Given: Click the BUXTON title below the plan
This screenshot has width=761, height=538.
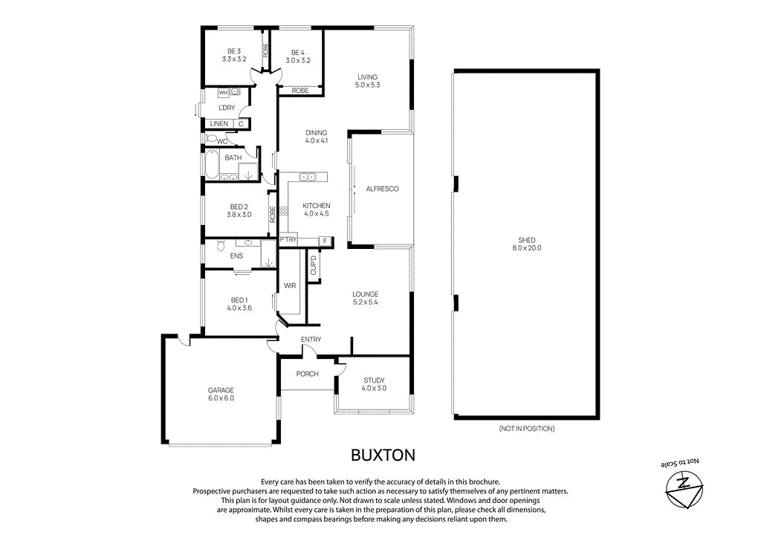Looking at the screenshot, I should click(x=383, y=454).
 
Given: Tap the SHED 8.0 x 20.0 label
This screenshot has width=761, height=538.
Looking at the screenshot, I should click(x=526, y=244).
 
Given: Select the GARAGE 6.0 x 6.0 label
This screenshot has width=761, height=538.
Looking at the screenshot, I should click(x=221, y=394).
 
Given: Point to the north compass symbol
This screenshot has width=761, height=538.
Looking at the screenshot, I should click(x=681, y=491).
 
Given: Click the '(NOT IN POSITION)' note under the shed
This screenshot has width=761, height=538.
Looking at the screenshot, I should click(x=526, y=429).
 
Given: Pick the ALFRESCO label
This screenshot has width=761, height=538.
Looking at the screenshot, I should click(x=382, y=189).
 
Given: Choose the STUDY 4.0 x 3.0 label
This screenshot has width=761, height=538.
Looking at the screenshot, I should click(x=374, y=383).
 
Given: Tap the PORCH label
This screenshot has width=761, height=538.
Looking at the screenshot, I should click(x=307, y=374).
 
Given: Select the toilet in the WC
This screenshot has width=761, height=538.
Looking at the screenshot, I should click(x=212, y=139).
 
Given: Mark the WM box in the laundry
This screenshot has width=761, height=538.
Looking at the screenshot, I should click(x=223, y=92).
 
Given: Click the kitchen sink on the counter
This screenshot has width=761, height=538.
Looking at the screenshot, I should click(x=307, y=177).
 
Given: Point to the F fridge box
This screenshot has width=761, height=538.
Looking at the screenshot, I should click(x=324, y=240).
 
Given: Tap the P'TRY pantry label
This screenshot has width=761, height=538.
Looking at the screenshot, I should click(x=288, y=240).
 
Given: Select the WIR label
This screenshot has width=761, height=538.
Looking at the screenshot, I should click(x=291, y=285).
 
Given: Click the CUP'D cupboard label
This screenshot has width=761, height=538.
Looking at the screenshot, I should click(x=313, y=266).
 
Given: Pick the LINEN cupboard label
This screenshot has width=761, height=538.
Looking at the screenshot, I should click(x=218, y=123).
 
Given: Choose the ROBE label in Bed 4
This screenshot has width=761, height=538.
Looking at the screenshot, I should click(x=299, y=90).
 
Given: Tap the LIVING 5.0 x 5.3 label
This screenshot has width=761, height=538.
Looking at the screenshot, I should click(x=367, y=81).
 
